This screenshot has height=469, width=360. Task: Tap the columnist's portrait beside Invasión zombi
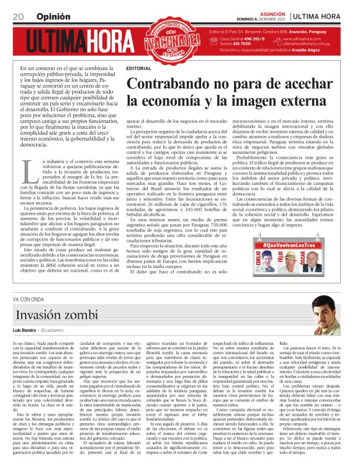tap(325, 310)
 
